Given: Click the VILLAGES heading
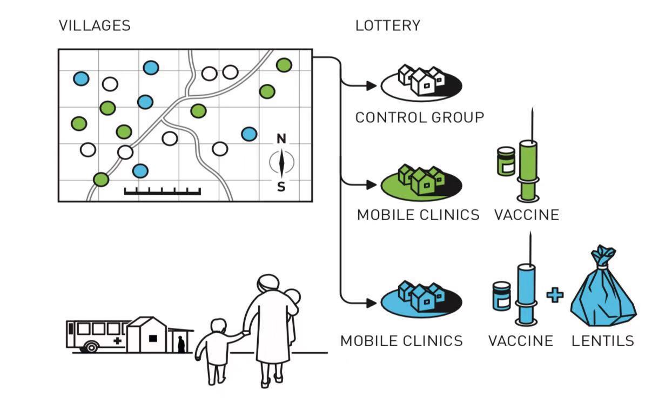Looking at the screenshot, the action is click(x=95, y=25).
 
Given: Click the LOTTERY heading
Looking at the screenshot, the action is click(x=388, y=25).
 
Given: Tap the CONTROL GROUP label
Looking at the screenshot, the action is click(x=420, y=117).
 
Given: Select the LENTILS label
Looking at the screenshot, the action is click(x=603, y=341).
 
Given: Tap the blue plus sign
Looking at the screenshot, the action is click(x=555, y=295).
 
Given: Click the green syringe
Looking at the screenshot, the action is click(x=528, y=155).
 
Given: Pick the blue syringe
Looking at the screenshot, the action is click(x=526, y=279).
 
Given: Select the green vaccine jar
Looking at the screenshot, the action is click(x=506, y=161).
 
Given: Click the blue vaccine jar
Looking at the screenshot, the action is click(x=502, y=296).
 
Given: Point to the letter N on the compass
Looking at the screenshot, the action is click(x=281, y=139).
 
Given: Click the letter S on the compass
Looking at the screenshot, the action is click(x=281, y=187).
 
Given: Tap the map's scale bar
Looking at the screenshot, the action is click(x=163, y=191).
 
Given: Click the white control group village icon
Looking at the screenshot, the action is click(x=421, y=83).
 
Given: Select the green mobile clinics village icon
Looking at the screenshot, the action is click(x=421, y=182).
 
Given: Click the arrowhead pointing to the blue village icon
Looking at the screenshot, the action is click(x=372, y=303).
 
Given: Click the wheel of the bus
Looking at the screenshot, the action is click(x=91, y=347).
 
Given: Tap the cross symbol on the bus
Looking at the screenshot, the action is click(x=118, y=341).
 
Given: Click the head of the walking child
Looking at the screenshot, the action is click(x=219, y=326).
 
